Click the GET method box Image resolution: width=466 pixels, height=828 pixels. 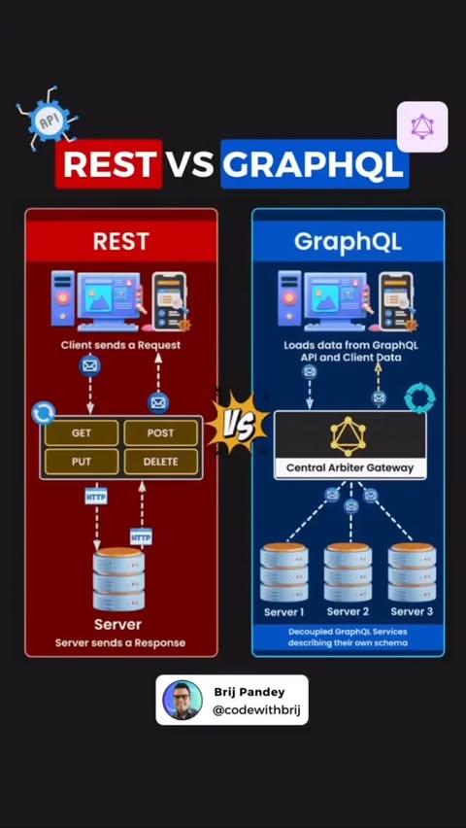(x=82, y=433)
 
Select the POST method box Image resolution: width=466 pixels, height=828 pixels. (x=160, y=433)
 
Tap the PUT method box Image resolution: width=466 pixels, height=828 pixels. (x=82, y=462)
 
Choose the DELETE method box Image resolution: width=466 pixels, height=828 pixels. (x=160, y=462)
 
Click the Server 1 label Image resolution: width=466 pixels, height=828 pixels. (x=283, y=612)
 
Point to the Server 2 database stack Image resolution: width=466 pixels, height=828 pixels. (x=348, y=572)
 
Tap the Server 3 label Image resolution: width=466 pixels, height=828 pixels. (x=412, y=612)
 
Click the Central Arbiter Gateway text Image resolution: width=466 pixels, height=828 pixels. (x=349, y=467)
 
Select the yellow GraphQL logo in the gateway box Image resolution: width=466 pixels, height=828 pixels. (x=349, y=436)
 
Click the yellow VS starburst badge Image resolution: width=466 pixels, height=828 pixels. (x=237, y=422)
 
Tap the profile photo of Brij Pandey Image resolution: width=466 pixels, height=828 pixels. (x=183, y=700)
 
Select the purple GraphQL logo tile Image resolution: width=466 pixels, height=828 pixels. (x=422, y=126)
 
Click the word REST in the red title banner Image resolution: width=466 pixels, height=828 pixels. (x=110, y=164)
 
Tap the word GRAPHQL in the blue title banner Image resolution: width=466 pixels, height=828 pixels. (x=314, y=164)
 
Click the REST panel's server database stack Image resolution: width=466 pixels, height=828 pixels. (x=118, y=580)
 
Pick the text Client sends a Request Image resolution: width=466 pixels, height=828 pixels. (x=120, y=345)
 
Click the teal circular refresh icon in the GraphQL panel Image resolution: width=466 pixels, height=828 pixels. (x=420, y=398)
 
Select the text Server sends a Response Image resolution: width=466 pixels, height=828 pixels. (x=120, y=642)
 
